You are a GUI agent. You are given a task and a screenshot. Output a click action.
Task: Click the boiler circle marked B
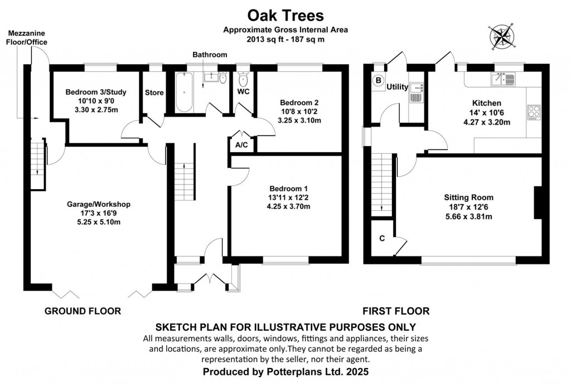click(x=378, y=80)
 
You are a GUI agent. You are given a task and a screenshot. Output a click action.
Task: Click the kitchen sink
click(x=504, y=79)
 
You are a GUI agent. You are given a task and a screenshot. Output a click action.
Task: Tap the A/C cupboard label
click(x=242, y=144)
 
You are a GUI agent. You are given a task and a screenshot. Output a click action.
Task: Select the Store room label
click(x=154, y=93)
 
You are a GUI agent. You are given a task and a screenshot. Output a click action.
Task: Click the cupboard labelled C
click(x=382, y=238)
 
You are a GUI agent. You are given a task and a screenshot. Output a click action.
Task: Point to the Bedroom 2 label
click(x=299, y=103)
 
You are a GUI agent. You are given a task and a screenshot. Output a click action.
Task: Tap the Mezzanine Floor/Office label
click(x=26, y=37)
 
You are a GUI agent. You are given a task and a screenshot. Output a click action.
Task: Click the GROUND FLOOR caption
click(x=83, y=311)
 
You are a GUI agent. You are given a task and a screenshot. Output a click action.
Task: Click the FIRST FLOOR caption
click(x=396, y=311)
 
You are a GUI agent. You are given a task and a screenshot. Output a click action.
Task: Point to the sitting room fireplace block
click(x=538, y=203)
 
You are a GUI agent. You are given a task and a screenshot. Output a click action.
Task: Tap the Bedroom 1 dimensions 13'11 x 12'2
click(x=288, y=197)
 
